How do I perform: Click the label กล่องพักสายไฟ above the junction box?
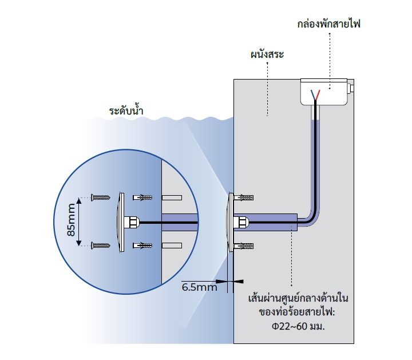pyautogui.click(x=329, y=25)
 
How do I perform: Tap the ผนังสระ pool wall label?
pyautogui.click(x=267, y=56)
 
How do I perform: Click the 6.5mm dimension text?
pyautogui.click(x=199, y=287)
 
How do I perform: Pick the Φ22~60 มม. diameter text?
pyautogui.click(x=298, y=327)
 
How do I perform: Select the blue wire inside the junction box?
pyautogui.click(x=312, y=94)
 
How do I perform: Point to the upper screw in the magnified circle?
pyautogui.click(x=101, y=197)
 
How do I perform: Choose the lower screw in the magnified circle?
pyautogui.click(x=101, y=246)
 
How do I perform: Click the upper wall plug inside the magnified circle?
pyautogui.click(x=143, y=197)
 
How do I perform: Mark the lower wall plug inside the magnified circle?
pyautogui.click(x=143, y=246)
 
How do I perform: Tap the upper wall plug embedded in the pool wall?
pyautogui.click(x=244, y=199)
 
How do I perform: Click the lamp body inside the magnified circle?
pyautogui.click(x=121, y=221)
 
